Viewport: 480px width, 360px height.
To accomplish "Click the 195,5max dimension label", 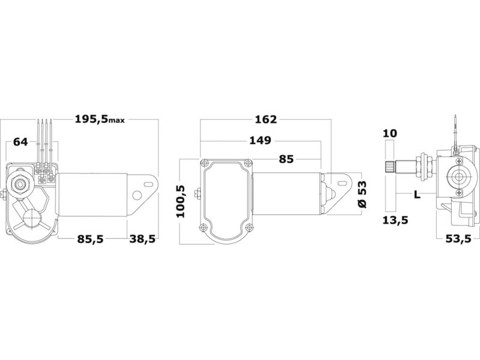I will point(99,119).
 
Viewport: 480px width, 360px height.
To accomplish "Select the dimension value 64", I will point(20,142).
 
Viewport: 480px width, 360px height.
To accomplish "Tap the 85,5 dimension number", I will point(91,238).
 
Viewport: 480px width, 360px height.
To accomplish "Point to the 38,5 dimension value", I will point(143,238).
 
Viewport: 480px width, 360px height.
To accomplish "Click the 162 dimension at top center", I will point(265,119).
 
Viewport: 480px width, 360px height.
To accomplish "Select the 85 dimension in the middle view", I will point(287,160).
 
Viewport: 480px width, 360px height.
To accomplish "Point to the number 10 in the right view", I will point(389,133).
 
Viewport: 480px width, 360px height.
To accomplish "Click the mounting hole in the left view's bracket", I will point(138,195).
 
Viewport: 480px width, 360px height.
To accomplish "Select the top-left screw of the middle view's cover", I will point(205,163).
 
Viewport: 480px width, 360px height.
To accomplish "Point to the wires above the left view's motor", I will point(47,138).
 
